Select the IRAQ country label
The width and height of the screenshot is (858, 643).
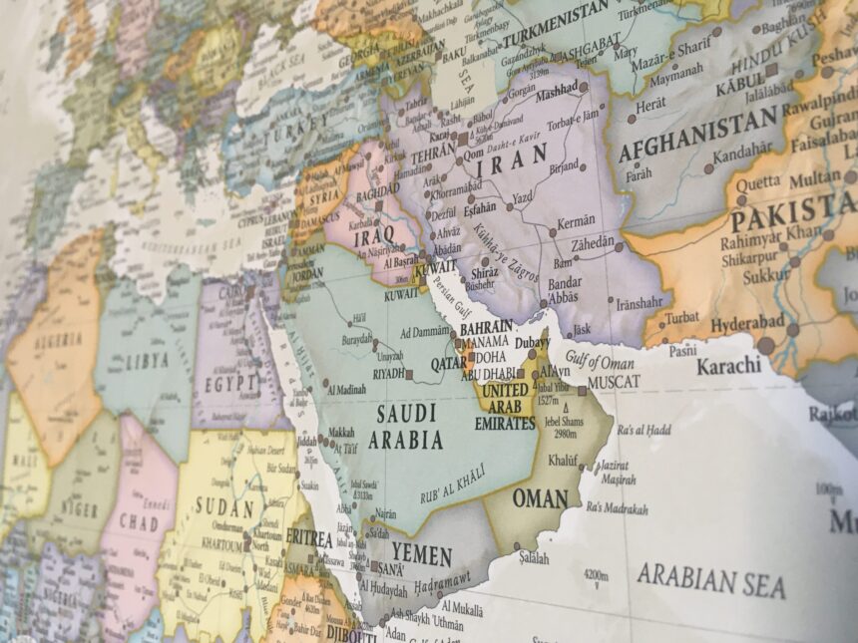click(374, 234)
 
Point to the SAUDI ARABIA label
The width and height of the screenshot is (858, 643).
click(406, 426)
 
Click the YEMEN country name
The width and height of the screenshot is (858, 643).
click(422, 554)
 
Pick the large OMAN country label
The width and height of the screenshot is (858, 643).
click(540, 497)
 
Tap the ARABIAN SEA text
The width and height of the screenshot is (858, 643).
click(710, 580)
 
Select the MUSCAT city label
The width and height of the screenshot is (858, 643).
click(614, 382)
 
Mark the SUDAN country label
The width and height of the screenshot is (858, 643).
click(224, 506)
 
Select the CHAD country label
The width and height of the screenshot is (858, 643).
click(139, 520)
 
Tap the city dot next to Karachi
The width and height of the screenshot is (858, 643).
click(766, 345)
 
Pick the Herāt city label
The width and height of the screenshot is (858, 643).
click(651, 104)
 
